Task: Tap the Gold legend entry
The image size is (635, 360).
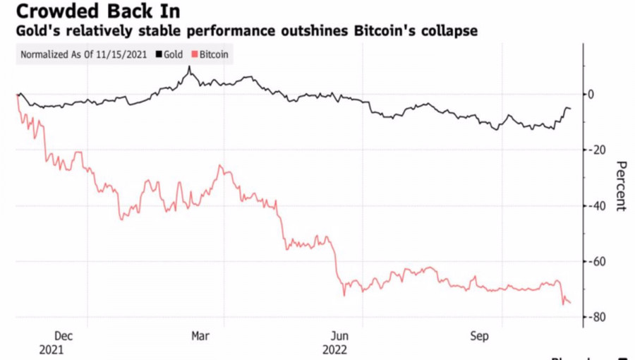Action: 174,54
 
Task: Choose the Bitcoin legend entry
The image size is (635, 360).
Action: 214,54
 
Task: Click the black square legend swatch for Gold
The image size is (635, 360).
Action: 159,54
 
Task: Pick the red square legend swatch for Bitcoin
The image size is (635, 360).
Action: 195,54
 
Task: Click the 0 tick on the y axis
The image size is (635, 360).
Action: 591,94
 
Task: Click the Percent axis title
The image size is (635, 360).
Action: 620,186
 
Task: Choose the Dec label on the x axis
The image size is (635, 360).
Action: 63,337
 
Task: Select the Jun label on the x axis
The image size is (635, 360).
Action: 340,337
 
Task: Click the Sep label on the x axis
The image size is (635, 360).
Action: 479,337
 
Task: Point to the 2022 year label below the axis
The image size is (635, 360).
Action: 334,349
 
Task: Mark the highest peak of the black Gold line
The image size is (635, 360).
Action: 189,68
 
